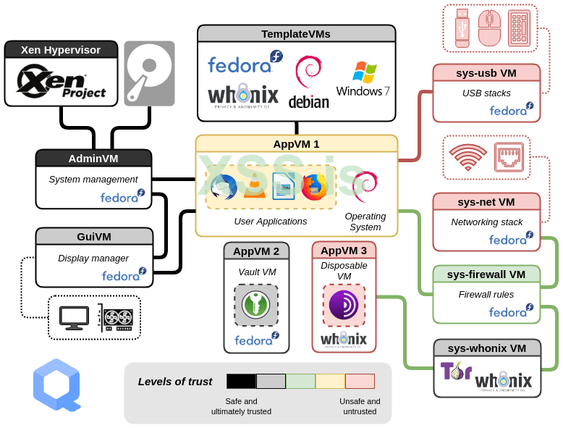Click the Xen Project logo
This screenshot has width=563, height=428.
[x=62, y=82]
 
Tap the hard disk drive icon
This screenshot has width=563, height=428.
[x=149, y=73]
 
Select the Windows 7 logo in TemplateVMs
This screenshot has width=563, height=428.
[x=363, y=80]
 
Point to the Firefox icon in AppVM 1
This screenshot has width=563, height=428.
[x=314, y=187]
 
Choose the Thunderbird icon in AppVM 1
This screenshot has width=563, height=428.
[x=224, y=187]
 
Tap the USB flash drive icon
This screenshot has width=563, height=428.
[x=462, y=28]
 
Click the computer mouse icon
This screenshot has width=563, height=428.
[x=489, y=28]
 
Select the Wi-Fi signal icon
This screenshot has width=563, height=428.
[x=467, y=156]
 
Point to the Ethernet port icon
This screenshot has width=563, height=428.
[x=509, y=156]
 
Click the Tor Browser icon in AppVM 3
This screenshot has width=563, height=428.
[x=344, y=305]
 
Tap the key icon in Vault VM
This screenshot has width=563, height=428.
[x=256, y=304]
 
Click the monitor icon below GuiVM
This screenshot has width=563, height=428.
[x=74, y=317]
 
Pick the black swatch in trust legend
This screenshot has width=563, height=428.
[x=241, y=381]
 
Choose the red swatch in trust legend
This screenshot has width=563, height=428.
[x=360, y=381]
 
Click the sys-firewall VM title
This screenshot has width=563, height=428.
[x=486, y=274]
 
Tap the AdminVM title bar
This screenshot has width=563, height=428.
[x=93, y=158]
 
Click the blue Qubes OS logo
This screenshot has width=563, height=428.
[x=56, y=385]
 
